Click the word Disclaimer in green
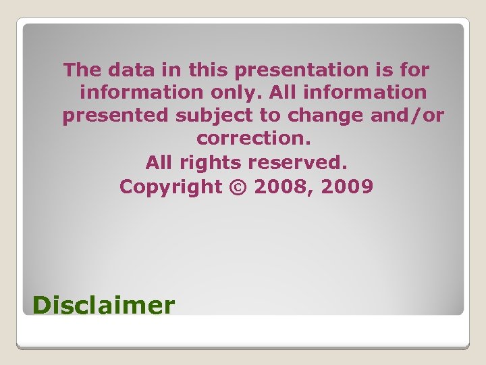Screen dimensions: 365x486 coord(103,306)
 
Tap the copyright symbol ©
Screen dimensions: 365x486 coord(238,187)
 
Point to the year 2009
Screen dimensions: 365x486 coord(347,187)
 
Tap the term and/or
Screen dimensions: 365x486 coord(408,116)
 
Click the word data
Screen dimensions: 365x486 coord(136,70)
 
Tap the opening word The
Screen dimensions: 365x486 coord(82,70)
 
